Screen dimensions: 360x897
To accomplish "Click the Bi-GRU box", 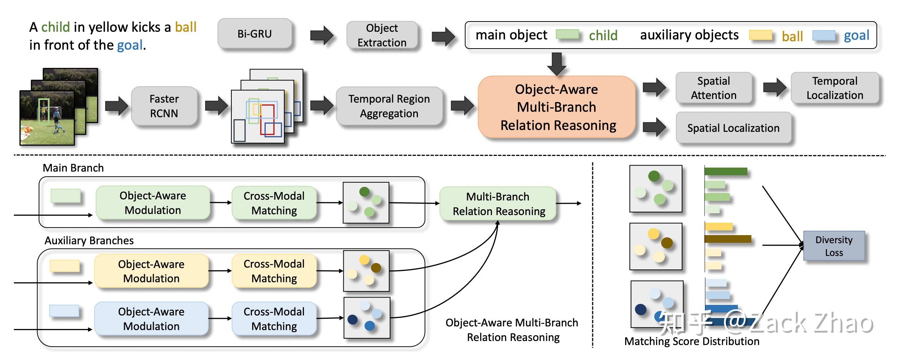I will (x=255, y=34).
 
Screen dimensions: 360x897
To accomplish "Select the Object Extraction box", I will (x=382, y=35).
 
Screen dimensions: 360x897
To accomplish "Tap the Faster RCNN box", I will (x=164, y=106).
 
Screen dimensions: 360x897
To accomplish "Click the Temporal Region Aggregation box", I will (x=389, y=106).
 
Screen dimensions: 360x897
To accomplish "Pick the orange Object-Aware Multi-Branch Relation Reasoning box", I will (x=557, y=107).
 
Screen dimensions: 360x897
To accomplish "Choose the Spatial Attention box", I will (x=714, y=88).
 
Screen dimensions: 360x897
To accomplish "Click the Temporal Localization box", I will (x=835, y=88).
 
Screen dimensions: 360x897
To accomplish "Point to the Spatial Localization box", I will (x=734, y=128).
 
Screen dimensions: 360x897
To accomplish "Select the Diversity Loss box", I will (x=834, y=246).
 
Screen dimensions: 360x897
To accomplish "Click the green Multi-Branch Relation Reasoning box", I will (x=498, y=204).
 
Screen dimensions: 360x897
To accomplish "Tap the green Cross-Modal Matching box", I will (x=274, y=203).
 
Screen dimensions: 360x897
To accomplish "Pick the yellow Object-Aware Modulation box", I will (x=151, y=271).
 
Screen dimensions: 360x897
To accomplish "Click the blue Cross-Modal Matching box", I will (x=274, y=319).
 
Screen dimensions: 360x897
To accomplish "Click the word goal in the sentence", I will (x=130, y=45).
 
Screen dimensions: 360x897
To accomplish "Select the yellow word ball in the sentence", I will (x=186, y=27).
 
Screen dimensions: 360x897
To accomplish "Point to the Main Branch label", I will (x=73, y=168).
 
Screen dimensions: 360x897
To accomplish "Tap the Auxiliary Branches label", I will (x=89, y=241).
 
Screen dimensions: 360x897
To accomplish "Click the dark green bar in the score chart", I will (x=726, y=171).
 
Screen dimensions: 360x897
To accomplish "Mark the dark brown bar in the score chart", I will (x=728, y=239).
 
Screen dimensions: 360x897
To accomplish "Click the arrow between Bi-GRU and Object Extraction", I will (x=322, y=35).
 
